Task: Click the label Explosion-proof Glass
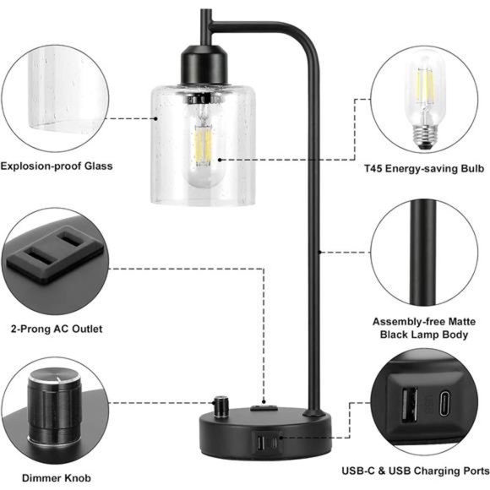pos(56,166)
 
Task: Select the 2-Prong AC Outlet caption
pos(57,329)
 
